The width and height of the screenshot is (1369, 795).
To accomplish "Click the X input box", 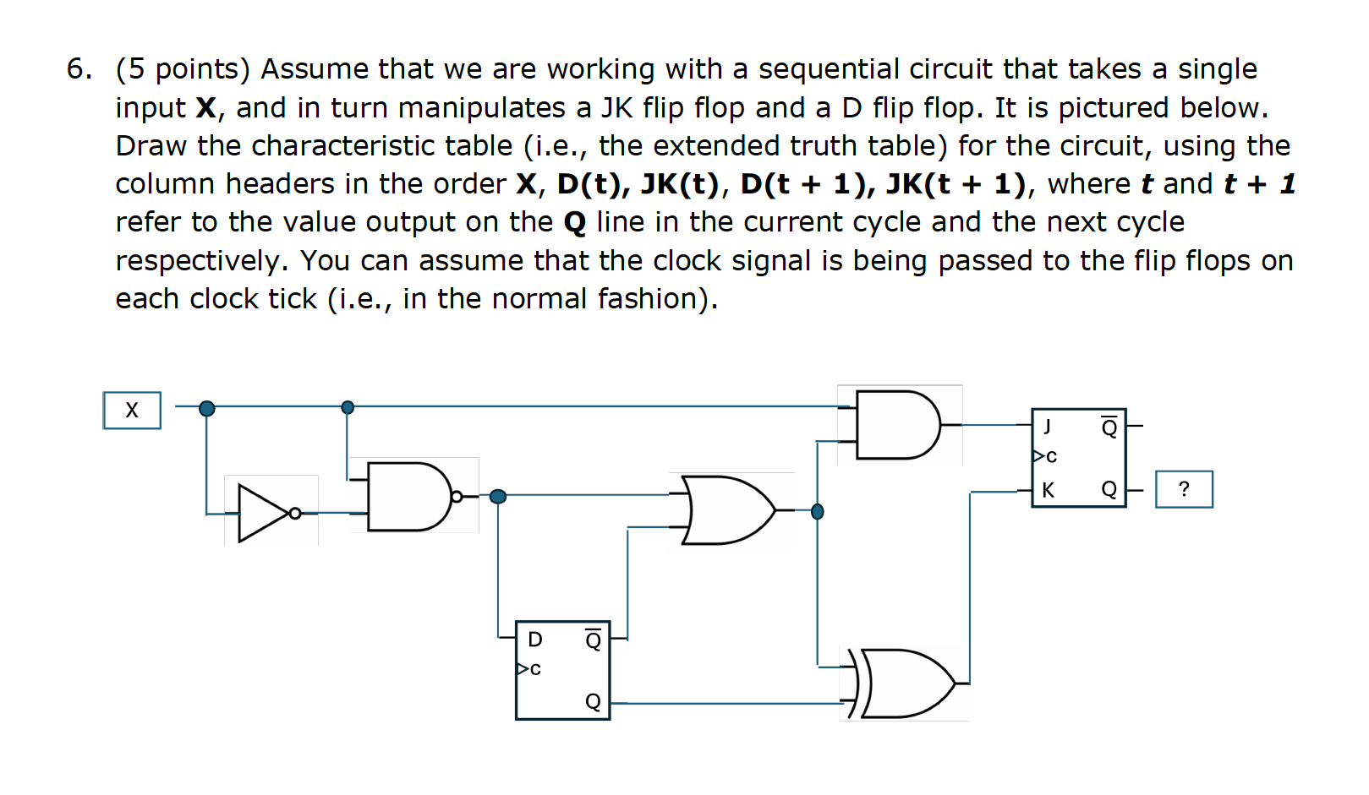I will click(132, 411).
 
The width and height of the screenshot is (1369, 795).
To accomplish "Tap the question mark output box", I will click(1184, 489).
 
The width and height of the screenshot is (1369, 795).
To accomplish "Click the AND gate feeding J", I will click(895, 425).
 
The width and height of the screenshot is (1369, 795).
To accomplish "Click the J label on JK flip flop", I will click(1048, 427).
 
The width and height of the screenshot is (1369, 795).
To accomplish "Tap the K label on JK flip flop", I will click(1049, 490).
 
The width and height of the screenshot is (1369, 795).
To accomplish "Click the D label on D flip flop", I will click(535, 640).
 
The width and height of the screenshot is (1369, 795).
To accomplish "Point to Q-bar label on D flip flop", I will click(594, 640).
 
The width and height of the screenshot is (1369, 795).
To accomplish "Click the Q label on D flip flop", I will click(594, 702).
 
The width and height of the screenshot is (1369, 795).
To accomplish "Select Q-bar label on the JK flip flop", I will click(1109, 427).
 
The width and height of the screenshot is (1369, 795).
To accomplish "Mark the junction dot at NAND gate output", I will click(498, 496).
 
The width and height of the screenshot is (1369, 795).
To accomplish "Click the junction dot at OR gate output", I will click(817, 511).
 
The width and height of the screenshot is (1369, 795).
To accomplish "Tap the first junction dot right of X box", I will click(206, 409).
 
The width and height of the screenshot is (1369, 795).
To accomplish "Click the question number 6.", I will click(79, 69).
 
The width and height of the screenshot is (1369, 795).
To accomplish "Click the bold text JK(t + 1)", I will click(956, 184).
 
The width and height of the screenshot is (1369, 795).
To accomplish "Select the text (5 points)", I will click(183, 69).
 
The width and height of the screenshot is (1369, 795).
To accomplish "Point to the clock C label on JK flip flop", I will click(1051, 457).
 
